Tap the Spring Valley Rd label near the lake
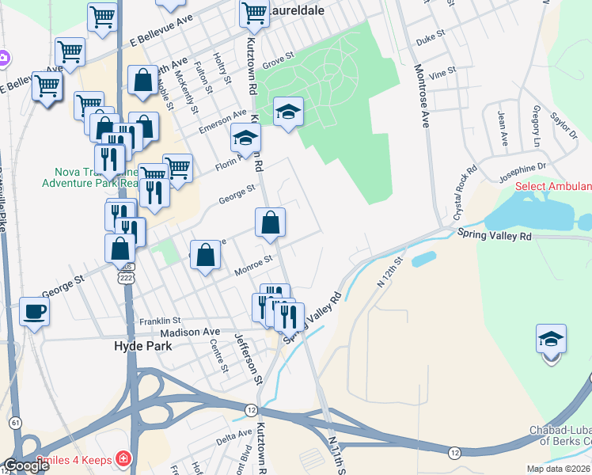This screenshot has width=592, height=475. pyautogui.click(x=494, y=234)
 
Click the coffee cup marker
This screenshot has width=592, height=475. pyautogui.click(x=34, y=311)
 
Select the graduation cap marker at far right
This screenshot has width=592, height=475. pyautogui.click(x=551, y=339)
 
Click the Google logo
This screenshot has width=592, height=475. pyautogui.click(x=25, y=465)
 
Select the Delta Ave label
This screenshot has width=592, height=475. pyautogui.click(x=234, y=435)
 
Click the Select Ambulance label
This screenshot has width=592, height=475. pyautogui.click(x=553, y=187)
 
